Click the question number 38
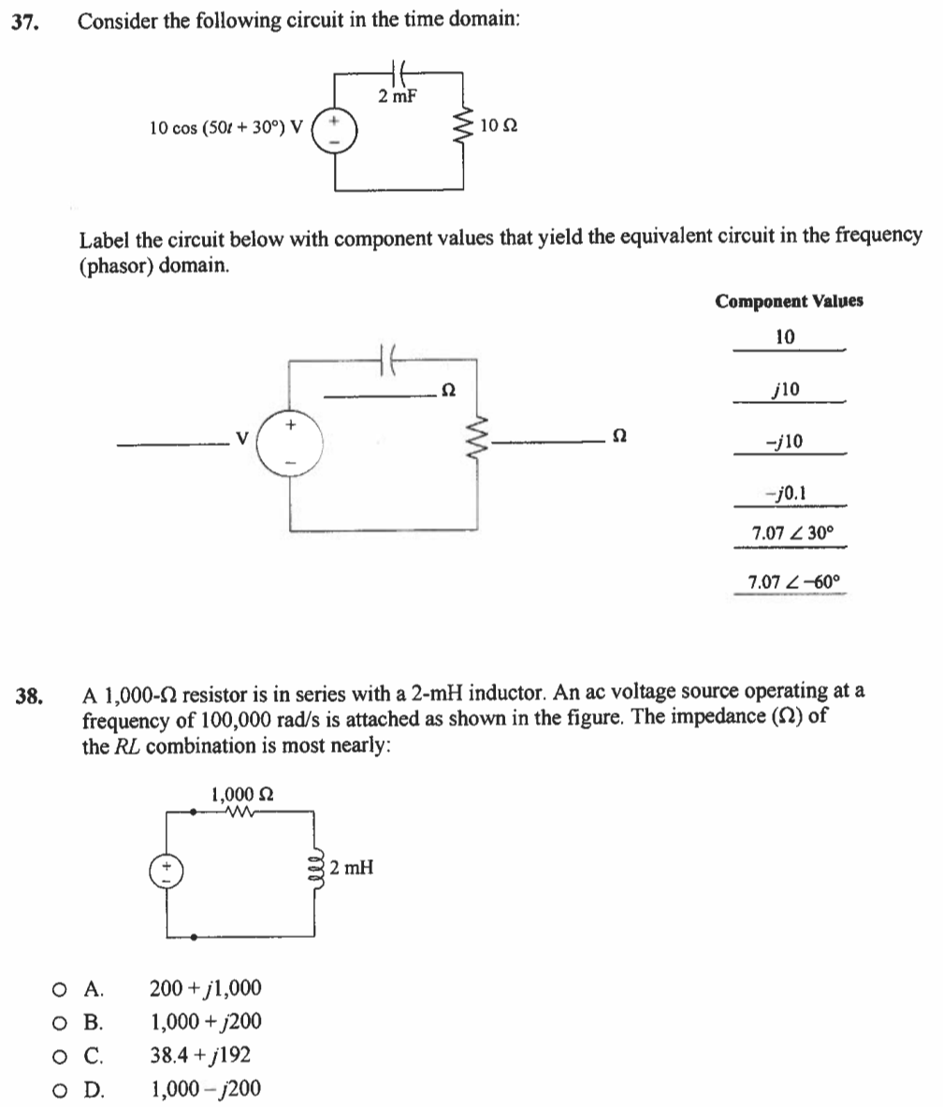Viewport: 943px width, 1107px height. [x=28, y=695]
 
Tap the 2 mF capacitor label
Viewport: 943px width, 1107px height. [x=397, y=95]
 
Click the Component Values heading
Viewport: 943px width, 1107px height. [x=789, y=301]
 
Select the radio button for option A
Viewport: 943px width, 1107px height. [x=60, y=988]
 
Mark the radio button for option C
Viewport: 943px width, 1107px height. [x=60, y=1056]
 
